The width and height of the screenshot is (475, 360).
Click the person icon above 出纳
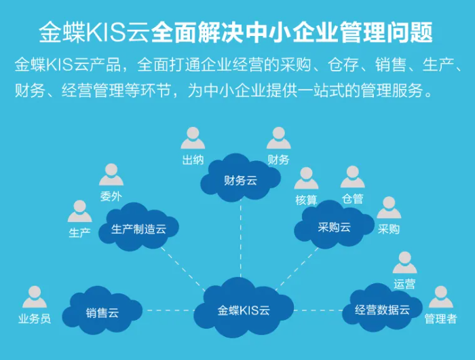coord(193,138)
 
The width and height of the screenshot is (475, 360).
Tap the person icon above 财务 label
coord(278,138)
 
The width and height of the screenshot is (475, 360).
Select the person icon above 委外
coord(111,175)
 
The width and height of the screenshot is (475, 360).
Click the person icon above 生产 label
coord(79,211)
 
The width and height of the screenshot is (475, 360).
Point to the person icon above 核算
coord(306,178)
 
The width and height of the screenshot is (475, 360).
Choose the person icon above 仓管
coord(352,177)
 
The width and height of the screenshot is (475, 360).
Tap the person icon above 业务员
coord(34,297)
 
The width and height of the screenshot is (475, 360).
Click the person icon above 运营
coord(404,262)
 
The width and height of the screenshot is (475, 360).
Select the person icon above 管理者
coord(440,297)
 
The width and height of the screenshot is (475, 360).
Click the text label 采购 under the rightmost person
coord(389,229)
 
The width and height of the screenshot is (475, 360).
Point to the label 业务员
coord(34,319)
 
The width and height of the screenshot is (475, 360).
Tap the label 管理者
coord(440,319)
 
